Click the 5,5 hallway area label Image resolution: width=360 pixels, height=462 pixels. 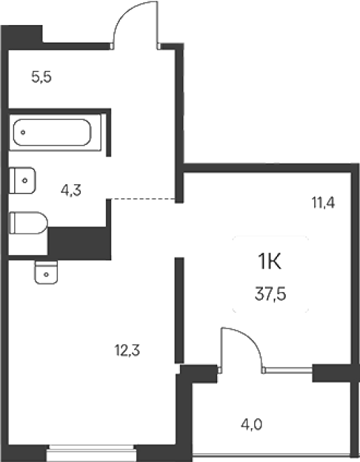click(x=42, y=77)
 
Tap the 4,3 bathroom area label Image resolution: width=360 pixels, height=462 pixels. click(x=71, y=190)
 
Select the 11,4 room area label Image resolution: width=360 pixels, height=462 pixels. click(x=323, y=203)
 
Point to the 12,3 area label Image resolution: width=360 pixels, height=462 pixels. click(x=127, y=351)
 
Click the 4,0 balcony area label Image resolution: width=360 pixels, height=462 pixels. click(x=251, y=425)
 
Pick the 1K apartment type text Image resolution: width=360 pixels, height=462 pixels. click(x=270, y=262)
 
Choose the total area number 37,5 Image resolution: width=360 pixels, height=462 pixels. click(x=270, y=294)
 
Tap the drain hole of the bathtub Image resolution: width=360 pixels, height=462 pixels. click(x=23, y=133)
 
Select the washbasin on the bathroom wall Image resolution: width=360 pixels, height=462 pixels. click(x=22, y=180)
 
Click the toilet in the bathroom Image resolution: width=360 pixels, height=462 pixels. click(x=28, y=223)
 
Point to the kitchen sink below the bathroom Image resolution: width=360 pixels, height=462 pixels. click(x=47, y=272)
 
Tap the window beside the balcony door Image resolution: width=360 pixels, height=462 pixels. click(x=289, y=370)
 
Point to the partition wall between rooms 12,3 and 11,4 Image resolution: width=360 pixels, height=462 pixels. click(x=179, y=310)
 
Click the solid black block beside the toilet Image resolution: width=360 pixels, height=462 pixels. click(x=80, y=243)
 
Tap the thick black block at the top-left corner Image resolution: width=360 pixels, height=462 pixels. click(x=22, y=37)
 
